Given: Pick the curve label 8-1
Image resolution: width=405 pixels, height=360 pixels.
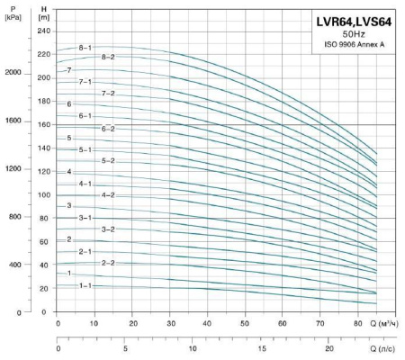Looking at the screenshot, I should click(85, 47).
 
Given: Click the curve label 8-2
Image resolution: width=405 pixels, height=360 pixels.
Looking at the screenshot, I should click(108, 57).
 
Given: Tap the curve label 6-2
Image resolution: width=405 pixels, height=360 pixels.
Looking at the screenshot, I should click(108, 129).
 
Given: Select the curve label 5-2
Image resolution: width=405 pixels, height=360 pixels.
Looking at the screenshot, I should click(108, 160).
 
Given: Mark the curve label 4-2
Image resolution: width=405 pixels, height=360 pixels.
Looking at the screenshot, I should click(108, 194).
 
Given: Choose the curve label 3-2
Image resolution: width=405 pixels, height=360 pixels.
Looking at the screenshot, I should click(108, 229).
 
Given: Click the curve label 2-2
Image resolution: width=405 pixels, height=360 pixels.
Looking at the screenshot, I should click(108, 263).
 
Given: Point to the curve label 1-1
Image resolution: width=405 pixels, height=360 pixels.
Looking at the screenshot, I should click(85, 285).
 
